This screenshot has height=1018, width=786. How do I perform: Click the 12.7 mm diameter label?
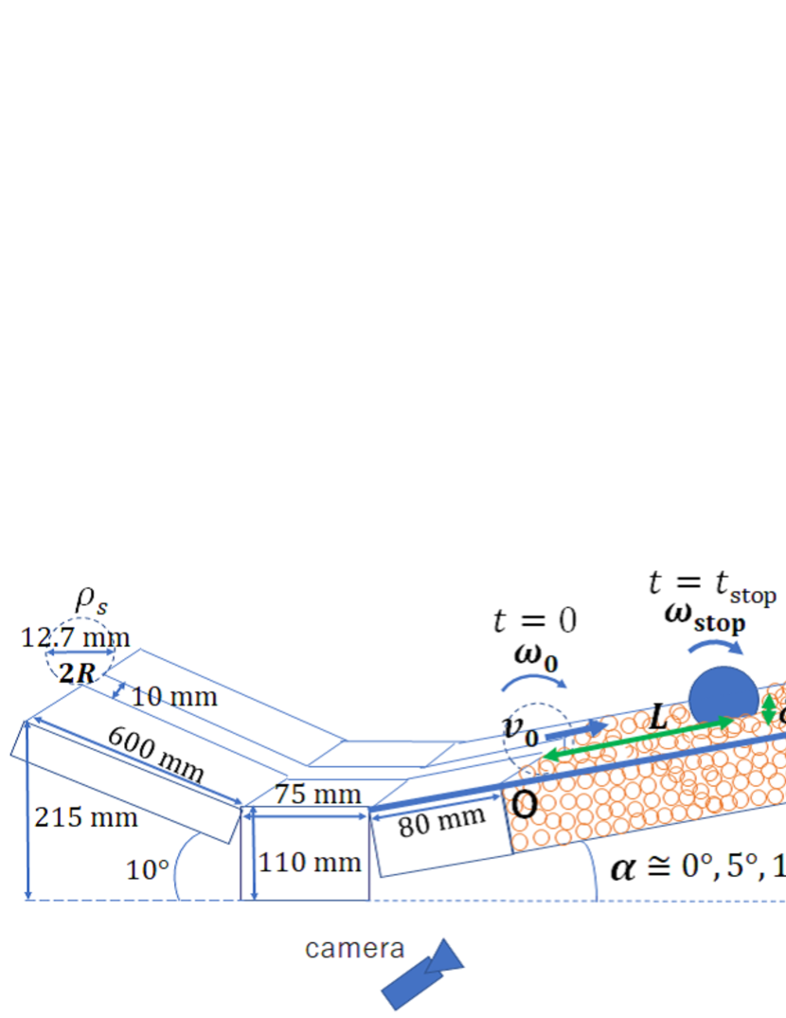75,636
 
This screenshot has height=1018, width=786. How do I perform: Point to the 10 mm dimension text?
174,698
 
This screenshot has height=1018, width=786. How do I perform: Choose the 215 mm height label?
85,816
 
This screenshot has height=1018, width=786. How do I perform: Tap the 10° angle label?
147,868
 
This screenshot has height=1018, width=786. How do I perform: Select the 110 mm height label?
310,863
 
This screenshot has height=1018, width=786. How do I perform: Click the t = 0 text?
535,621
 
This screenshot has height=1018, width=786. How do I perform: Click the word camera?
354,948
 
